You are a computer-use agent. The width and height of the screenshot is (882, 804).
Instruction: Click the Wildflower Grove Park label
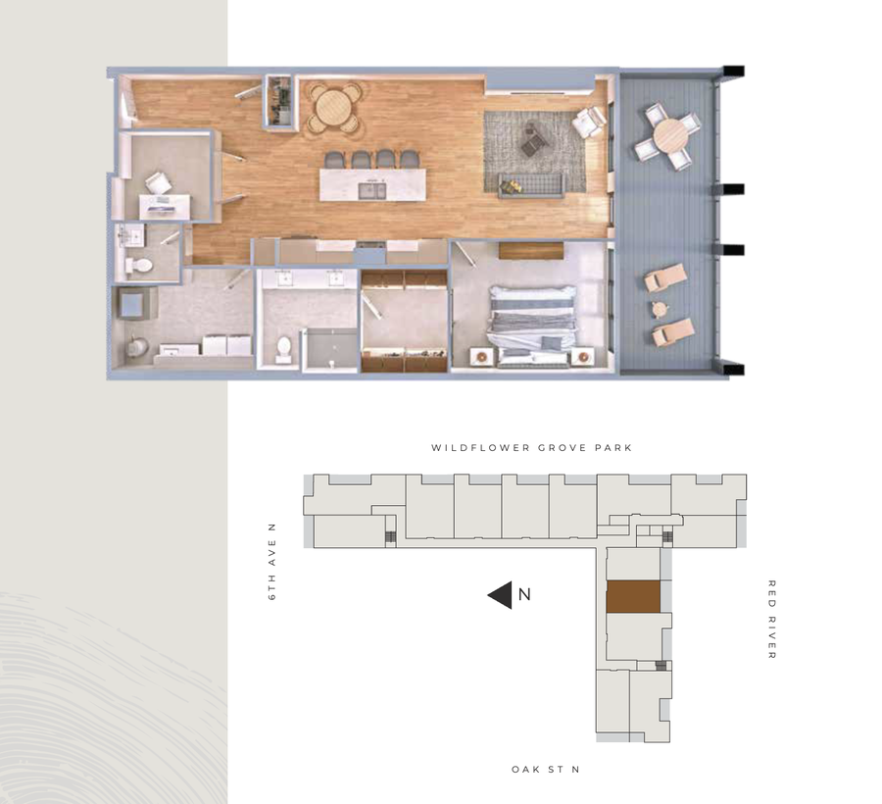(531, 448)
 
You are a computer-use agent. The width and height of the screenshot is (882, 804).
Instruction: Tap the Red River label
(772, 620)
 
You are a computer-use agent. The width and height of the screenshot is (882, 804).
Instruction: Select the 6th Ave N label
(271, 562)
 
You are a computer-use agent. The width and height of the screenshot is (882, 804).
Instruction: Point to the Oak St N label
(545, 770)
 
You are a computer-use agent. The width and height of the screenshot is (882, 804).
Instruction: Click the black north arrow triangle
(500, 595)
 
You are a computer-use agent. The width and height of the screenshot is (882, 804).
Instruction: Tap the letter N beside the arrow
(524, 594)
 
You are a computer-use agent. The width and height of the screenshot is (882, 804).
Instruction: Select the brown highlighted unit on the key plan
(632, 597)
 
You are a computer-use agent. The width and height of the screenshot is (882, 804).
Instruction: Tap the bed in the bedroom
(532, 325)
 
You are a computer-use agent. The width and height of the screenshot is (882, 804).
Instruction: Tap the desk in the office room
(164, 205)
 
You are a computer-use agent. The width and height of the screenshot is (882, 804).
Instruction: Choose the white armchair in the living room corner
(589, 122)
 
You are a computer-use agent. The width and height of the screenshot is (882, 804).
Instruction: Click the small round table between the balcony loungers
(658, 308)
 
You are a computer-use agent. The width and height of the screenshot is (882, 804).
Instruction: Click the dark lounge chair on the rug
(534, 139)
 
